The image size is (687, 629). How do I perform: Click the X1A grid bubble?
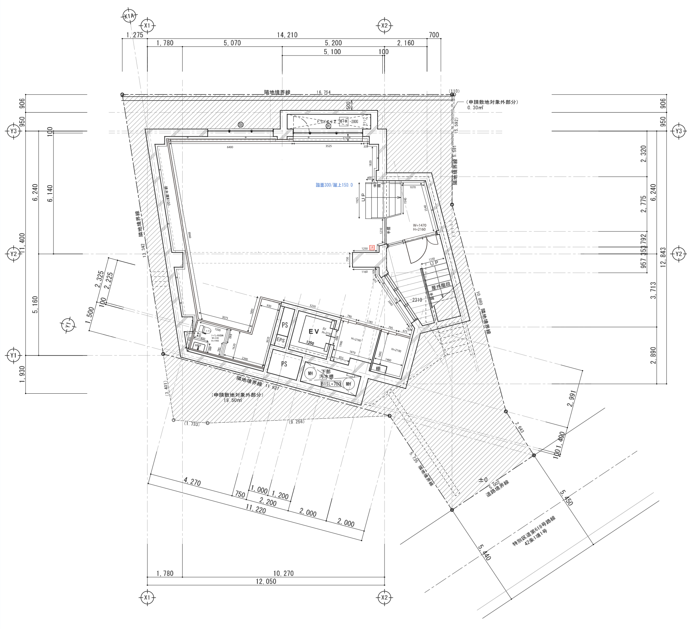point(129,16)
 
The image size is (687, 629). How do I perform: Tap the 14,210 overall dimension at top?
point(287,35)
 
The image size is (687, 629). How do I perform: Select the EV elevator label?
point(314,331)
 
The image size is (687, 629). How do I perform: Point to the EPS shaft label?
point(281,340)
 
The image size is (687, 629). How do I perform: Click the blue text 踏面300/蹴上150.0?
point(334,185)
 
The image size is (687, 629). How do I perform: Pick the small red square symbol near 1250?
point(372,248)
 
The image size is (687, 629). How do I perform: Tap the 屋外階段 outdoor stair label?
point(441,285)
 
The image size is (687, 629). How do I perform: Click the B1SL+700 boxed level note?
point(331,384)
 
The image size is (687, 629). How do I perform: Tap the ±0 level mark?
point(483,480)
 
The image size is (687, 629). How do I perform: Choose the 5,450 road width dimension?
point(566,498)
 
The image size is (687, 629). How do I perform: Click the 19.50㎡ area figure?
point(232,400)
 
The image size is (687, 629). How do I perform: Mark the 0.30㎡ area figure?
point(475,108)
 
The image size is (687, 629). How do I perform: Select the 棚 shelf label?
point(378,369)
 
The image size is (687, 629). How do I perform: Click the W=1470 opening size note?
point(419,225)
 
